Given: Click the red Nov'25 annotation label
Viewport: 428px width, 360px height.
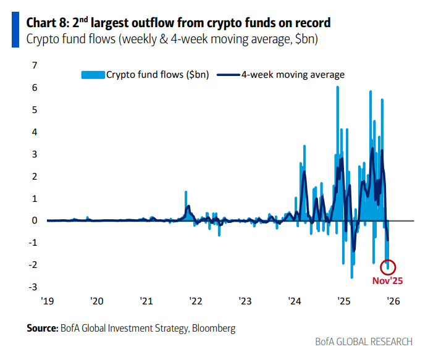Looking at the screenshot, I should [387, 280].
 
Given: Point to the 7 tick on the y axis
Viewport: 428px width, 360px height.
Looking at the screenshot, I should [35, 65].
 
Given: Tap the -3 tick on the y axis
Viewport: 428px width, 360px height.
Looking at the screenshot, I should [33, 287].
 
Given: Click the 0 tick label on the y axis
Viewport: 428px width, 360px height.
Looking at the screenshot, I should [35, 220].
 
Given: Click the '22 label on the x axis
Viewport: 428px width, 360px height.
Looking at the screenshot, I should [195, 301].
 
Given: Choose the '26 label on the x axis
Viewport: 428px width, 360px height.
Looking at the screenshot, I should [392, 301].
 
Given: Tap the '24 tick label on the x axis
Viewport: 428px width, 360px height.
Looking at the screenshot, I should [294, 301].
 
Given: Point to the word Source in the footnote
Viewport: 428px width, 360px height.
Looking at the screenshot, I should [42, 328].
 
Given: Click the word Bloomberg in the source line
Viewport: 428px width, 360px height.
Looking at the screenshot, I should [214, 328].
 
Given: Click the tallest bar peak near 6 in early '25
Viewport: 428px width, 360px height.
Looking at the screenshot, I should [337, 88].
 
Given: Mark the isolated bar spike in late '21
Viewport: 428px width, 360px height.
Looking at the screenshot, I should [186, 193].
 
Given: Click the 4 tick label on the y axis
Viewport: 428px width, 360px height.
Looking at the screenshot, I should [35, 132].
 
